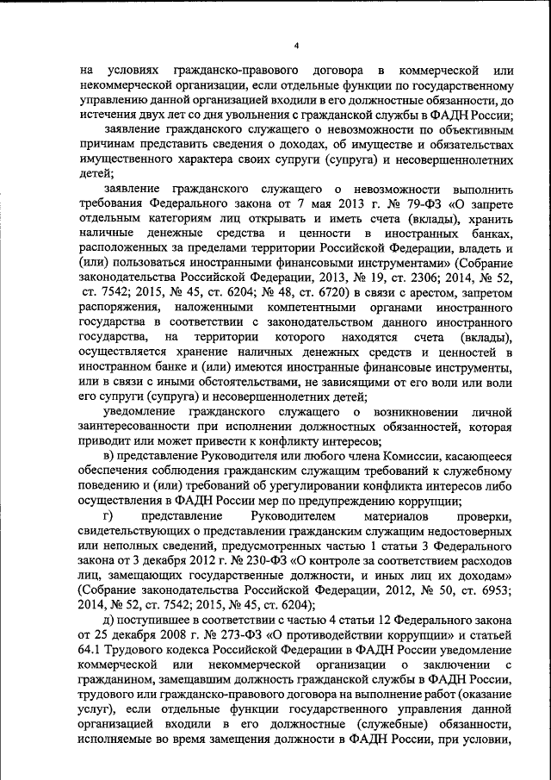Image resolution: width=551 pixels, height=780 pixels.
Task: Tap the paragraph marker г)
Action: click(x=108, y=516)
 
